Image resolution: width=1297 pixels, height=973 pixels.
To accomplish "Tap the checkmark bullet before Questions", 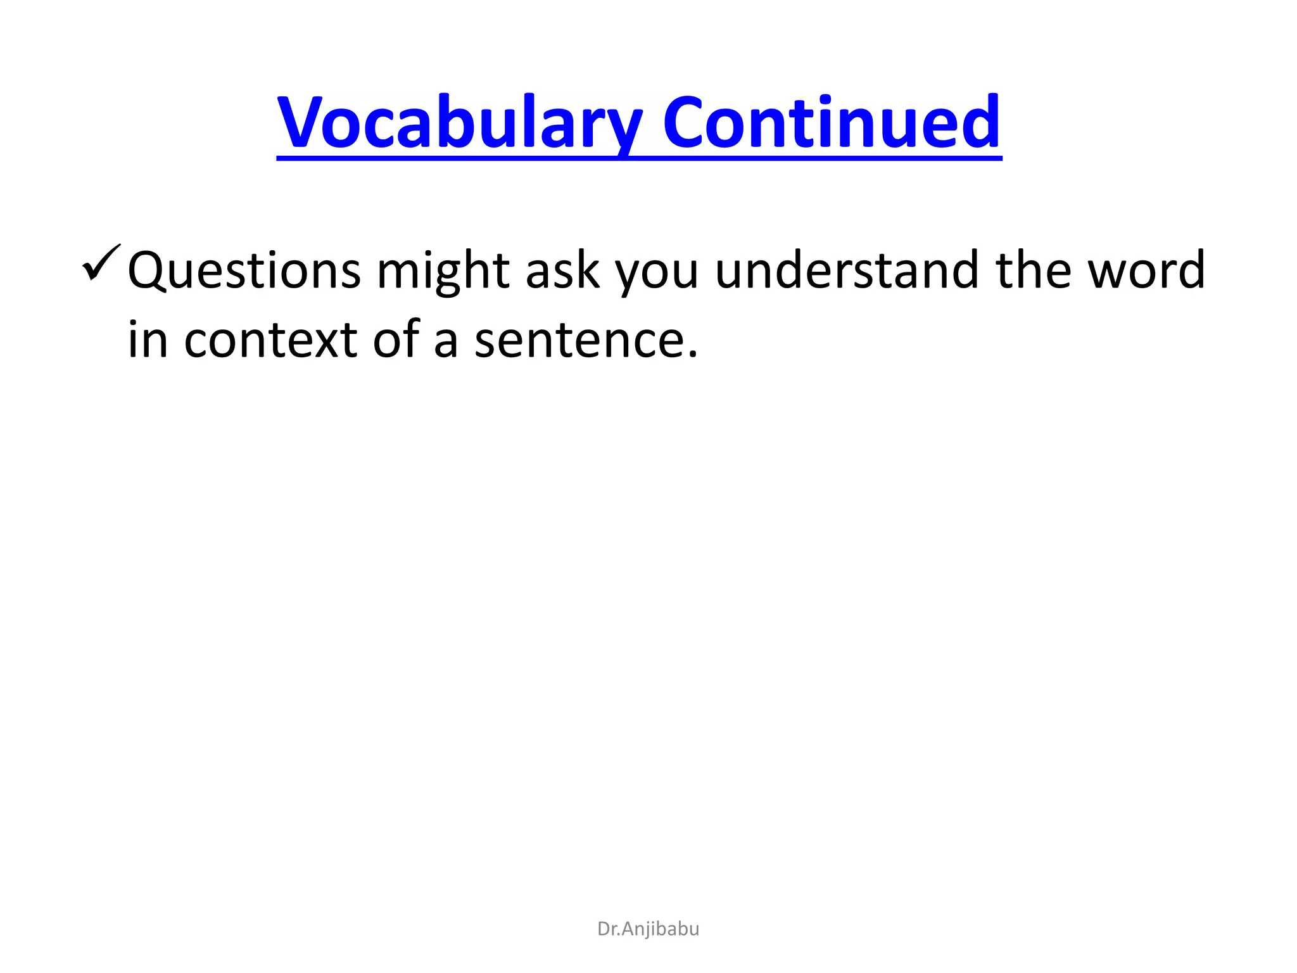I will (101, 263).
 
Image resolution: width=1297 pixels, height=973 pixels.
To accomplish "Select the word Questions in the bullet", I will (244, 271).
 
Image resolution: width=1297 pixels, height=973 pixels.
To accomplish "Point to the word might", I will (443, 271).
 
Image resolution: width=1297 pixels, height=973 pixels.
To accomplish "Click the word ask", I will (562, 271).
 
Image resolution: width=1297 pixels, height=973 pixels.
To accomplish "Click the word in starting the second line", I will (148, 340).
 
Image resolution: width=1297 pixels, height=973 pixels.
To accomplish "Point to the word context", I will (270, 340).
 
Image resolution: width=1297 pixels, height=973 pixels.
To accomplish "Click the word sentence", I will (579, 341).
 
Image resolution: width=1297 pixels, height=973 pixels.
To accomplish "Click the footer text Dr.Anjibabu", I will (648, 929).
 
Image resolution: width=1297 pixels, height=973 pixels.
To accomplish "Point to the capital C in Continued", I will (685, 122).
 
